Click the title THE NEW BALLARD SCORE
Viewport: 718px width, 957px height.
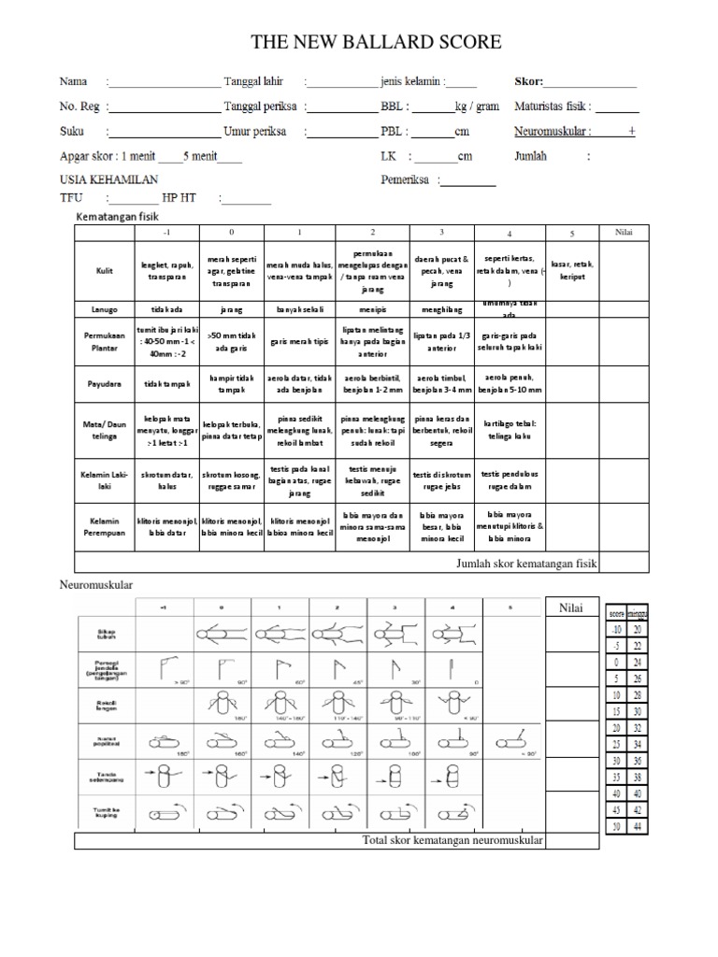pos(377,42)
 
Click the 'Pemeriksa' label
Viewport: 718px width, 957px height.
pos(405,179)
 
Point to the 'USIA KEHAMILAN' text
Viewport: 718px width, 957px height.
pos(109,179)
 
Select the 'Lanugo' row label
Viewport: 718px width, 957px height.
pos(105,307)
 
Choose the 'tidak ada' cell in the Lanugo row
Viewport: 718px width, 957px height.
pos(165,307)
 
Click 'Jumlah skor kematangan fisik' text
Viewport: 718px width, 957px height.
pos(526,563)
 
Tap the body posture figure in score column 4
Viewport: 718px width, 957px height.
pos(453,634)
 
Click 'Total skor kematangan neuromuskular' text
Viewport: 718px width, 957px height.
pos(452,841)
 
